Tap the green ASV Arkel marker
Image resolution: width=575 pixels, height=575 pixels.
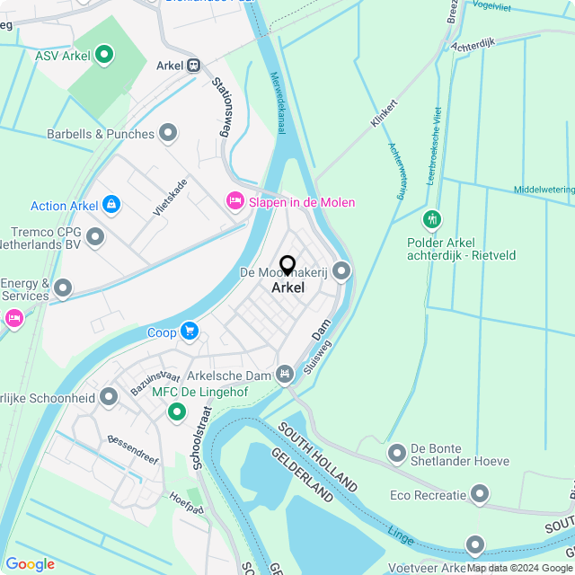104,56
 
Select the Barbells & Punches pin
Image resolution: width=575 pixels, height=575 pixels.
168,134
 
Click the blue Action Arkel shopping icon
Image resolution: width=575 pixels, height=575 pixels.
111,206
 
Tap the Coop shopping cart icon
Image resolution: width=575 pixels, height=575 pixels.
189,332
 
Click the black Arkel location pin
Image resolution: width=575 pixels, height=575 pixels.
287,266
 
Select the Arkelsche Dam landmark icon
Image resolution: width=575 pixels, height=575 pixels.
285,373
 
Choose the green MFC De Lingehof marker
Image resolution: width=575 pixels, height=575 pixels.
177,412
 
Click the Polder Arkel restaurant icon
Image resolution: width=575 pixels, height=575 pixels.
432,219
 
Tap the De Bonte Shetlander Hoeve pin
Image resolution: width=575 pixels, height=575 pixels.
397,455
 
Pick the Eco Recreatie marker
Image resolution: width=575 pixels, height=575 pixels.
480,494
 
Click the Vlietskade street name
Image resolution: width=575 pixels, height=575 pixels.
170,196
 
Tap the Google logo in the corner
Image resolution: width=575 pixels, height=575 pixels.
30,563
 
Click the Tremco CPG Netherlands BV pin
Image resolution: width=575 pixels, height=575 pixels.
95,238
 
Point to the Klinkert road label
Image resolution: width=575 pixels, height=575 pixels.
384,113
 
